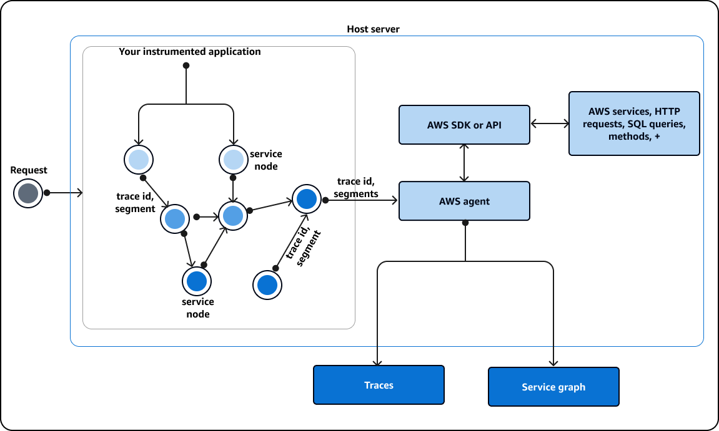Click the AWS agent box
point(464,201)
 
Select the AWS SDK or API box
point(464,125)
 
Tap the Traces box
point(379,385)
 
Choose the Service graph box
point(553,387)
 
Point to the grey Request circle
point(28,193)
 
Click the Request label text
point(29,170)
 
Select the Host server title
point(373,29)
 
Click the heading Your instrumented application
point(190,52)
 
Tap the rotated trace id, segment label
point(303,248)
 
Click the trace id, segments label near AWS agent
point(356,187)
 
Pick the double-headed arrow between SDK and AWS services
point(549,124)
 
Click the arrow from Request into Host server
point(65,193)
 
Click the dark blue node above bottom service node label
point(196,281)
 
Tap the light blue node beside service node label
point(233,160)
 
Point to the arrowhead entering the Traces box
point(377,362)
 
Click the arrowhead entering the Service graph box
point(553,364)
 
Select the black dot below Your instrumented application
point(186,65)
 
